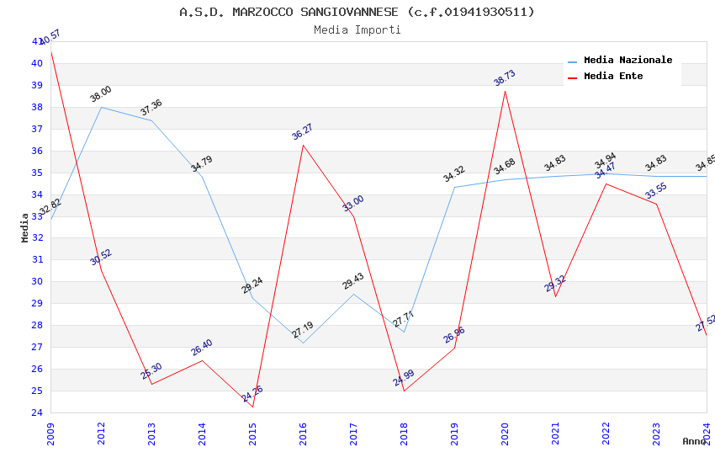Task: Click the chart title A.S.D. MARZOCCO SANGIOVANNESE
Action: [x=357, y=12]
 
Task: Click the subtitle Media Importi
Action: [x=357, y=30]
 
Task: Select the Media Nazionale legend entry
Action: [x=628, y=61]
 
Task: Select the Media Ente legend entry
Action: [x=612, y=77]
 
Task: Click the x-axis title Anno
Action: [x=694, y=441]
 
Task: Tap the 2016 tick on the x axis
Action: [x=303, y=429]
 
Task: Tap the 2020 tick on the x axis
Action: [x=505, y=429]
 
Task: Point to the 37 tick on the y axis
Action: [x=37, y=129]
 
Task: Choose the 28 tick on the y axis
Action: [x=37, y=326]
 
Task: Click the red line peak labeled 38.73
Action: [x=505, y=91]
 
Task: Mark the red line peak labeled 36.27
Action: [x=303, y=145]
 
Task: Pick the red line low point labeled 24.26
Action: [x=252, y=407]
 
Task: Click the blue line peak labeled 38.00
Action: [x=101, y=107]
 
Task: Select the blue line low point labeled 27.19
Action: [x=303, y=343]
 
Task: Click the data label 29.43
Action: [x=353, y=281]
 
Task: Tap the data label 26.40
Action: [x=202, y=348]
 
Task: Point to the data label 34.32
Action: [x=454, y=174]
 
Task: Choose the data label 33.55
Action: [x=656, y=191]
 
